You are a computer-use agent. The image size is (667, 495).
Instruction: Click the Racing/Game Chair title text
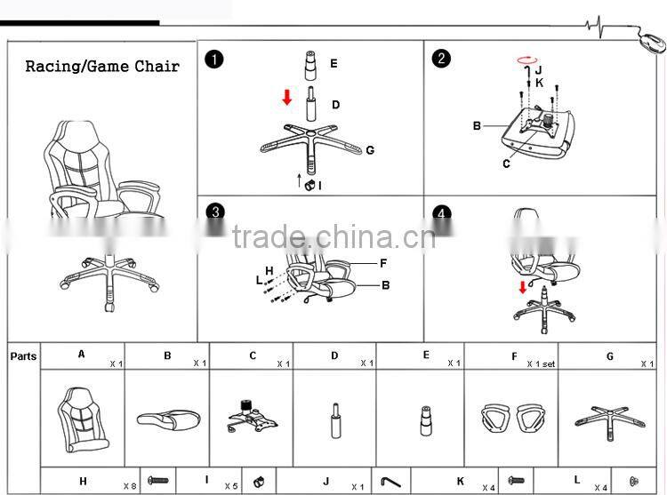point(101,67)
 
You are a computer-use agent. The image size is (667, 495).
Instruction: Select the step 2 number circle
point(441,60)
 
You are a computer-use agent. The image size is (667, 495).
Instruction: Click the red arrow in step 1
point(286,97)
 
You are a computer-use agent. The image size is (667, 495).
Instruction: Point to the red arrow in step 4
point(523,287)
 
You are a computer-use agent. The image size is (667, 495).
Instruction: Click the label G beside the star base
point(370,150)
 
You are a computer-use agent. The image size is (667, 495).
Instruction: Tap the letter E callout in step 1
point(333,63)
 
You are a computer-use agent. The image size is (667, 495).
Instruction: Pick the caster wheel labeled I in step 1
point(312,185)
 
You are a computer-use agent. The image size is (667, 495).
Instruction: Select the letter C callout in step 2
point(506,164)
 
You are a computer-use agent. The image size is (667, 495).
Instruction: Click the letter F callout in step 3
point(383,263)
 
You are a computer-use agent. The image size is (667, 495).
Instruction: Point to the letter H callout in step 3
point(269,270)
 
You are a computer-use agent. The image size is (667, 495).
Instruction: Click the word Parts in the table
point(24,356)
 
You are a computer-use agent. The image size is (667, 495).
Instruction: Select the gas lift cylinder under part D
point(335,419)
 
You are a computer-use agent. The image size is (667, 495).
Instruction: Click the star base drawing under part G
point(609,416)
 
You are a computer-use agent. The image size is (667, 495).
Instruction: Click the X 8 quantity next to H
point(129,486)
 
